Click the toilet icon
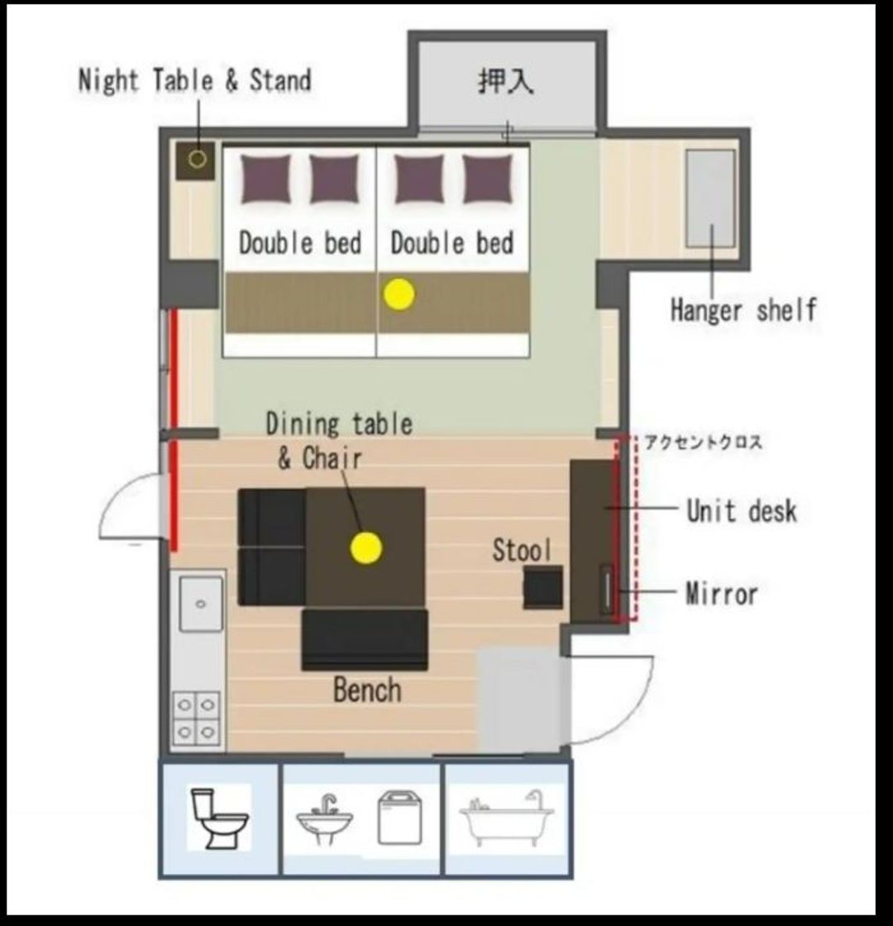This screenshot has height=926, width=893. coord(218,818)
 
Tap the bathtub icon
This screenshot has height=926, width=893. coord(507,818)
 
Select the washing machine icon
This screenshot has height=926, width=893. coord(400,818)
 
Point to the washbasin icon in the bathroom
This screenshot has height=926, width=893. coord(325,819)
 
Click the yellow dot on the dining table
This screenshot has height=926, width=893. coord(366,547)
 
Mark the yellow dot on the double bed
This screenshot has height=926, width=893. coord(399,294)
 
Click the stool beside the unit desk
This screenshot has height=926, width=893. coord(542,587)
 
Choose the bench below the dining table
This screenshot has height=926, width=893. coord(365,640)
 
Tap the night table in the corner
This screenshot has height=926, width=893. coord(195,160)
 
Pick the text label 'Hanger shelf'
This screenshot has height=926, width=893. coord(743,310)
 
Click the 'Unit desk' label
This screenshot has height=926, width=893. coord(742,511)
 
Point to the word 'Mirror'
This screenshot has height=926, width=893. coord(721,594)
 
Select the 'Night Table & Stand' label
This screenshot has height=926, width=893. coord(195,80)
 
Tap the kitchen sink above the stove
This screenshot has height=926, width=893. coord(201,604)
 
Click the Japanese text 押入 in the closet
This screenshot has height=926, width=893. coord(505,81)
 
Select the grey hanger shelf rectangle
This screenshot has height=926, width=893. coord(710,198)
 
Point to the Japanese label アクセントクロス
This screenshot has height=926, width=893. coord(703,442)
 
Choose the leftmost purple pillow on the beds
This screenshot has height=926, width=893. coord(265,179)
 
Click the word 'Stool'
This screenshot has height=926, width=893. coord(522,550)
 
